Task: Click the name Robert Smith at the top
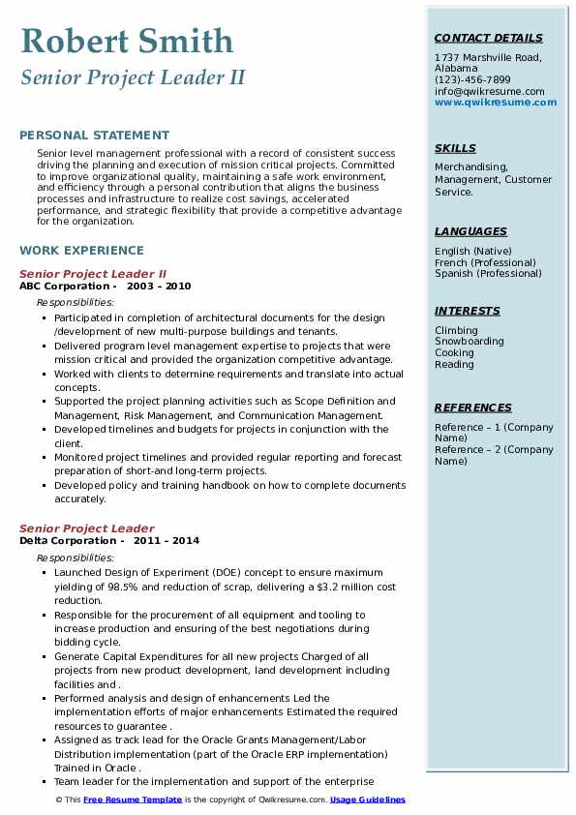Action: point(127,41)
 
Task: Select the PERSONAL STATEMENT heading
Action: point(94,136)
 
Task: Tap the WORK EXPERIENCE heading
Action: point(81,250)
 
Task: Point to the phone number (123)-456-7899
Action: point(472,80)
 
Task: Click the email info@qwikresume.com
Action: point(489,91)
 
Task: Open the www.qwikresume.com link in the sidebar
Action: point(496,102)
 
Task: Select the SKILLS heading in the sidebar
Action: point(455,149)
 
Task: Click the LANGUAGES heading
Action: point(470,232)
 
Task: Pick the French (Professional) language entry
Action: point(485,262)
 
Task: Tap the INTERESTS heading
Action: point(468,312)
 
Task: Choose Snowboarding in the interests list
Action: point(470,342)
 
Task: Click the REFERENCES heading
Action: point(472,408)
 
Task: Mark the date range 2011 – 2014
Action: point(167,541)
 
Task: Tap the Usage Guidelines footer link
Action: point(367,800)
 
